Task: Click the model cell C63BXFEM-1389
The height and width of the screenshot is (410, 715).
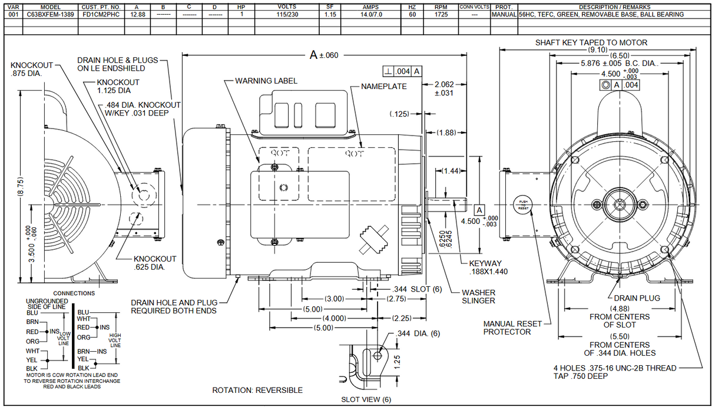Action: (x=51, y=14)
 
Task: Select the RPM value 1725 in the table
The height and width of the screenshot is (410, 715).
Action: (x=441, y=14)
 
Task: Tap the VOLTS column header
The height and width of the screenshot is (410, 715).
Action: (x=286, y=7)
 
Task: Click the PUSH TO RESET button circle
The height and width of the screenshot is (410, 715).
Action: (x=523, y=203)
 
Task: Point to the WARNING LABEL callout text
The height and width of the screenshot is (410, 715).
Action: (x=266, y=81)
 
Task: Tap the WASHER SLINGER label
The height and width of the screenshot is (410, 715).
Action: (x=478, y=296)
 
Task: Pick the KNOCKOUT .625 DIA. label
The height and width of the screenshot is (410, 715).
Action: (x=154, y=263)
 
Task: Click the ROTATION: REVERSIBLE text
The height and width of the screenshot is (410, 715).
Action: (x=257, y=390)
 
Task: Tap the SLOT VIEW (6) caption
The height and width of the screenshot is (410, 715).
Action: (x=366, y=399)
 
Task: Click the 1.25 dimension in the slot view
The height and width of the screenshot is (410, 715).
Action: (x=397, y=360)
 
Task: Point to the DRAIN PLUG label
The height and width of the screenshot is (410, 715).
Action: (x=637, y=298)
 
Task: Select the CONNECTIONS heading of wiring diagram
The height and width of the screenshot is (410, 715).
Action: (x=74, y=293)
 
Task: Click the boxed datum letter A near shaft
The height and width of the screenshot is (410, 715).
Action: (x=479, y=210)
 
